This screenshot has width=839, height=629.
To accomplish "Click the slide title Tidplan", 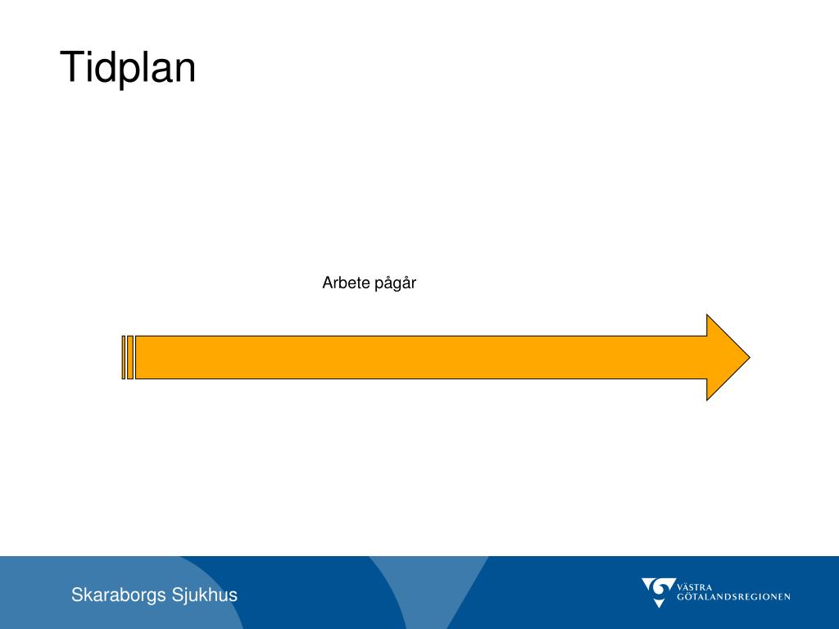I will [x=128, y=68].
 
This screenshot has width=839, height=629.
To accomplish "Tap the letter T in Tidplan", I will [x=71, y=66].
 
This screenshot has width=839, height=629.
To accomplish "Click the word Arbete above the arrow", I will [x=345, y=283].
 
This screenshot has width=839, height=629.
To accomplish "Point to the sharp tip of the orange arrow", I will [x=748, y=357].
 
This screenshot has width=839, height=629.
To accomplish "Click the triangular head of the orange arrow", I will [x=724, y=357].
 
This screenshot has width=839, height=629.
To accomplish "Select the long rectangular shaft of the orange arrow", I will [x=418, y=357].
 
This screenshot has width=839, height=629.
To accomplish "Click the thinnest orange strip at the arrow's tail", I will [x=124, y=357].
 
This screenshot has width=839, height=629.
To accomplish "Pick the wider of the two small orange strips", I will [x=130, y=357].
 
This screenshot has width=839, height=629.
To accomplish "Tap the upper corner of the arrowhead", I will [x=708, y=315].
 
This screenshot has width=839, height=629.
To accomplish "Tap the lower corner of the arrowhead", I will [x=708, y=399].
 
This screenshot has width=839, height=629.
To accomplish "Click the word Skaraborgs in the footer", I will [x=118, y=595].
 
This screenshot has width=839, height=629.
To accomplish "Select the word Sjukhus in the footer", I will [x=205, y=595].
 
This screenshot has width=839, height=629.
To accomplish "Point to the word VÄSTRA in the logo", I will [x=695, y=586].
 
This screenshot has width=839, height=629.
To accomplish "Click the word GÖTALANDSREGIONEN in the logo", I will [x=733, y=597].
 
